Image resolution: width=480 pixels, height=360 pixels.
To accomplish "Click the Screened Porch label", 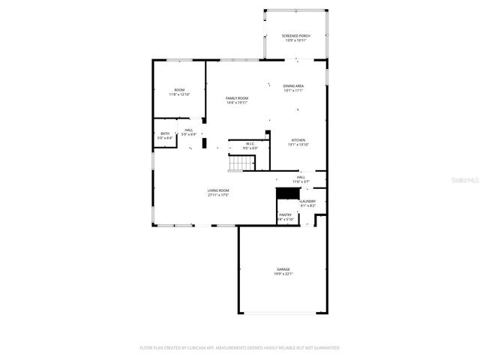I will [295, 36].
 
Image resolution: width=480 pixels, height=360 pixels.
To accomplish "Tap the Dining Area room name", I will [293, 85].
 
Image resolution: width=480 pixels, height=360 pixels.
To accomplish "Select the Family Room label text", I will [237, 98].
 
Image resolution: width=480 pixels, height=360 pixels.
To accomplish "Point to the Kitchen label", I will [298, 140].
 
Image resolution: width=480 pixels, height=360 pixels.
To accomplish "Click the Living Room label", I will [218, 190].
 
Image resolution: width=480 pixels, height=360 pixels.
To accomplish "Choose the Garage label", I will [283, 269].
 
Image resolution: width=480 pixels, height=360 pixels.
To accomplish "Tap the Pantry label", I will [285, 214].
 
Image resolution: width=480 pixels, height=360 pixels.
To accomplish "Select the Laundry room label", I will [307, 201].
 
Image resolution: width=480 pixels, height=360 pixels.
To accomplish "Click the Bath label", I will [164, 133].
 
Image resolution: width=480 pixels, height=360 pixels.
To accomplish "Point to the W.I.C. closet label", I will [249, 144].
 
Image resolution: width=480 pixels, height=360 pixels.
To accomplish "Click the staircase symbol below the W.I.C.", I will [242, 163].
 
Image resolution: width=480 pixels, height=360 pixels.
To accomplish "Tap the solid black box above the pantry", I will [287, 193].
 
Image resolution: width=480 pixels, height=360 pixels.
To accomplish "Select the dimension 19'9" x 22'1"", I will [283, 274].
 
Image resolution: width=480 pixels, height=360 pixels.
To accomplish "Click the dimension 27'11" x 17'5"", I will [218, 195].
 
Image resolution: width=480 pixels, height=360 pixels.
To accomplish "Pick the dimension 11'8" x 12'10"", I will [179, 94].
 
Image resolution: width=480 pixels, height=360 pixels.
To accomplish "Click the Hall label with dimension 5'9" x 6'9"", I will [189, 130].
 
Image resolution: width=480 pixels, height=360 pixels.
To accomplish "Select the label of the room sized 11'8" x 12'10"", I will [179, 90].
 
